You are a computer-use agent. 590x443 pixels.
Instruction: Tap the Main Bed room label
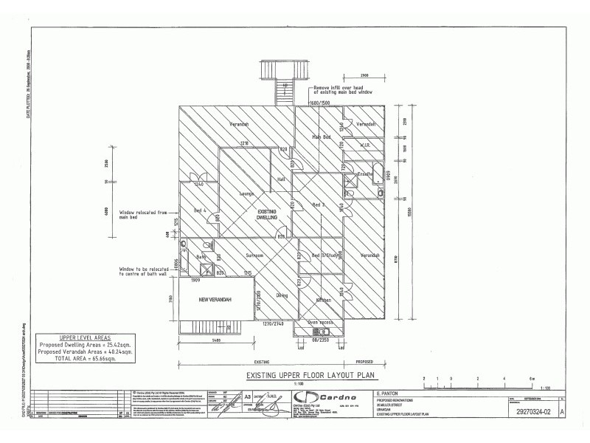coord(320,137)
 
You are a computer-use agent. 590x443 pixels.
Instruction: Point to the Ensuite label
coord(364,174)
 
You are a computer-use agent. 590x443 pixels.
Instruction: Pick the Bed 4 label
coord(199,211)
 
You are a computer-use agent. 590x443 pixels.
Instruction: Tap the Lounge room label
coord(246,194)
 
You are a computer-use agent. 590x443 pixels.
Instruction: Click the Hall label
coord(280,179)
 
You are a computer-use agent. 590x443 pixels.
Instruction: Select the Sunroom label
coord(254,255)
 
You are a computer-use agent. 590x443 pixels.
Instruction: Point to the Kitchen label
coord(324,301)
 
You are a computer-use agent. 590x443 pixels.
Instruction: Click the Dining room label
coord(281,296)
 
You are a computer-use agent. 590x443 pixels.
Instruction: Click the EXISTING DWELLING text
coord(266,215)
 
